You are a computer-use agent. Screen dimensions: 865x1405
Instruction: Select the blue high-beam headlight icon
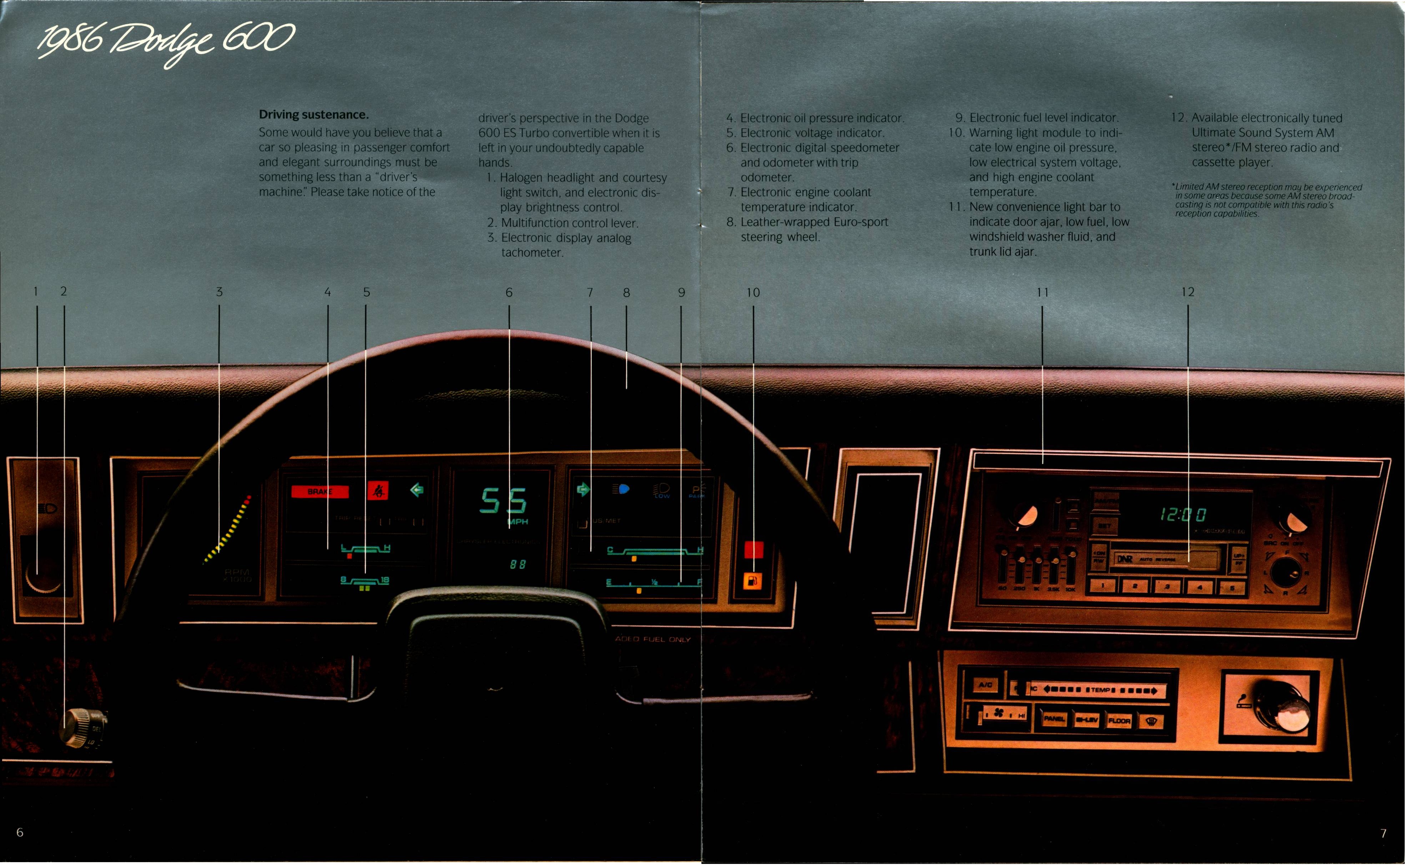point(621,489)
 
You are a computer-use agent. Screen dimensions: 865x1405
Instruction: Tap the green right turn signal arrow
point(583,489)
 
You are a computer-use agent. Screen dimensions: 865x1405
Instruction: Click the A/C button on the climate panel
point(985,685)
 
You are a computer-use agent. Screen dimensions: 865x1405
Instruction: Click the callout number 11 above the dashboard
point(1042,292)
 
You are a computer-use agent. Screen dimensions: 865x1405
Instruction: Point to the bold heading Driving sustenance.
point(313,115)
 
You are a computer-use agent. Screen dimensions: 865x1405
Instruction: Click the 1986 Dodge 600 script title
point(166,43)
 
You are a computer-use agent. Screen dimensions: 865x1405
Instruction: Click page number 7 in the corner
point(1383,833)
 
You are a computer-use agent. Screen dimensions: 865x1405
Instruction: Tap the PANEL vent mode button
point(1054,719)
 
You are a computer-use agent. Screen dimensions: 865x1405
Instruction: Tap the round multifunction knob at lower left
point(80,727)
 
